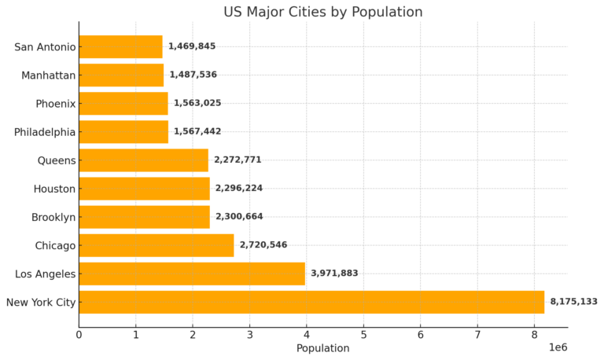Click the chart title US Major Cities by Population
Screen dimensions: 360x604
pos(322,12)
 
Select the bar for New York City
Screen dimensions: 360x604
pos(311,302)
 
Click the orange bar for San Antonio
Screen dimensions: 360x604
pos(120,46)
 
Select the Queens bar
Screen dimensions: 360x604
pos(143,160)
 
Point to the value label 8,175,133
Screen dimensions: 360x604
pos(573,302)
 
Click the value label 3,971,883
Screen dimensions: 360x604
pos(334,274)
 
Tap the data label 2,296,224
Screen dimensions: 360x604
pos(239,189)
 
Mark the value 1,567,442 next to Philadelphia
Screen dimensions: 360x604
pos(197,132)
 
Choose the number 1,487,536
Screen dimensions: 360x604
pos(193,75)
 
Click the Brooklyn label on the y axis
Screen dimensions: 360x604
pos(53,217)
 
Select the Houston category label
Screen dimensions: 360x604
pos(54,189)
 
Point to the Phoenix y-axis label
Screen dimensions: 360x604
pos(55,104)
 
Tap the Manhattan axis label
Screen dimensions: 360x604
pos(49,75)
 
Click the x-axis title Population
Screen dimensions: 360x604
pos(322,348)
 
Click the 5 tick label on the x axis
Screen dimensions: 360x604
pos(363,335)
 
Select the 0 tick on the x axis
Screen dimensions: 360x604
pos(79,335)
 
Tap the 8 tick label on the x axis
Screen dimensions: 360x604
pos(534,335)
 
